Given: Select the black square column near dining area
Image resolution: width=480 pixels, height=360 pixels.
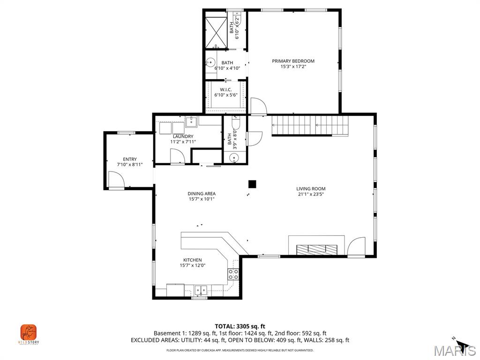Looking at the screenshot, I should (253, 184).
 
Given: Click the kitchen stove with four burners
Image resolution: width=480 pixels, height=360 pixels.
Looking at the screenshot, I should (233, 274).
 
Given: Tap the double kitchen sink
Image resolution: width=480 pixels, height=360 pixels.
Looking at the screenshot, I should (201, 290).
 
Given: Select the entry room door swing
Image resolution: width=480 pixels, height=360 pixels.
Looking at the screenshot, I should (115, 180).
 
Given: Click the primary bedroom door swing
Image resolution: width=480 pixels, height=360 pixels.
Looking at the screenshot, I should (258, 106).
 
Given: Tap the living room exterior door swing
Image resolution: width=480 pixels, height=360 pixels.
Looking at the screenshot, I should (357, 247).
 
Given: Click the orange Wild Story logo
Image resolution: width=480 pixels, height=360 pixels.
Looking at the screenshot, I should (29, 333).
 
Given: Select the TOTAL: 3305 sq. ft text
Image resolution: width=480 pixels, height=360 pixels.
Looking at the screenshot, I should (240, 326).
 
